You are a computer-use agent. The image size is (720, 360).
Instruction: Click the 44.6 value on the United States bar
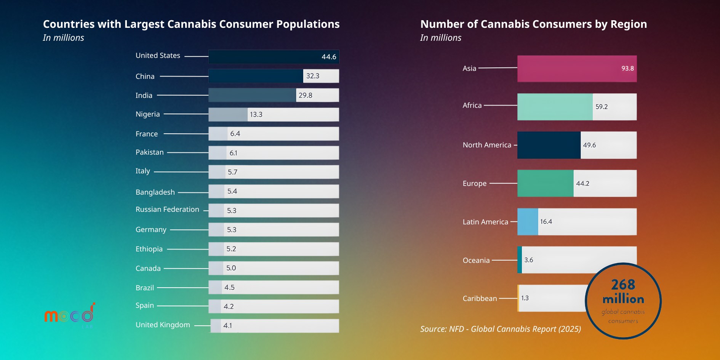(x=328, y=57)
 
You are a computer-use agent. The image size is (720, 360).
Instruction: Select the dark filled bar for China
(x=256, y=76)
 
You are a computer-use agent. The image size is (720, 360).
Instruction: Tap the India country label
(x=144, y=95)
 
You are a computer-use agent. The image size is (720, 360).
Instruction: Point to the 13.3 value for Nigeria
(x=256, y=114)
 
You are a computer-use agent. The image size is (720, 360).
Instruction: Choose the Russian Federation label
(x=167, y=210)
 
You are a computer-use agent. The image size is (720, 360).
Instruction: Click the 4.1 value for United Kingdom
(x=227, y=326)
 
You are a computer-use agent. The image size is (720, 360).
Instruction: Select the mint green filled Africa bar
(x=555, y=107)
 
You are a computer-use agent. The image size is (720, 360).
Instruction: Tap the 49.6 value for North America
(x=589, y=145)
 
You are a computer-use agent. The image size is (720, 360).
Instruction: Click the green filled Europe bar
(x=545, y=183)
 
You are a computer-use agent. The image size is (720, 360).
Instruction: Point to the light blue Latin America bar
(x=528, y=222)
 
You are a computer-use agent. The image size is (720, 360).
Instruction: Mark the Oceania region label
(x=476, y=261)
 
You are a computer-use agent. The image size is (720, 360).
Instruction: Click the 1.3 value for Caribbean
(x=525, y=298)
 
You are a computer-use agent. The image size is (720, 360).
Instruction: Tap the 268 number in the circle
(x=623, y=285)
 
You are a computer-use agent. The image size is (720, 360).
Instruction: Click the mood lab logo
(x=70, y=315)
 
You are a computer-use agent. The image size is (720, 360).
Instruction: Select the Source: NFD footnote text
(x=500, y=329)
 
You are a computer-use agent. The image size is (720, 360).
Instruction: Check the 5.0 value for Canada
(x=231, y=268)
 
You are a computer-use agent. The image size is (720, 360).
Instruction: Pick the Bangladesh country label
(x=155, y=192)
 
